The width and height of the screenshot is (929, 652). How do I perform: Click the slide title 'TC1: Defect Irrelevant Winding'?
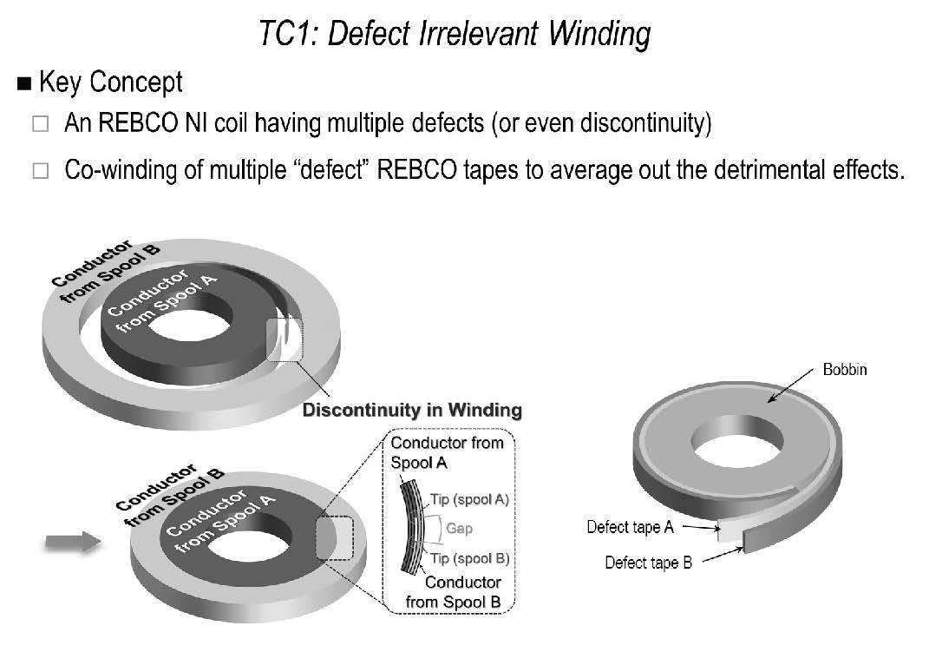[455, 33]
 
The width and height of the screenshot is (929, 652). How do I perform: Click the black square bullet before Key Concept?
[24, 83]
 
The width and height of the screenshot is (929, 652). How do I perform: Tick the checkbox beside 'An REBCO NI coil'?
[40, 124]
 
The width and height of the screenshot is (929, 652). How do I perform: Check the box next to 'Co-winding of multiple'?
[40, 171]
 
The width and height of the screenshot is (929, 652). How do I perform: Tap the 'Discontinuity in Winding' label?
[412, 410]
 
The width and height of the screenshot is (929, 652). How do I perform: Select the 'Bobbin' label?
[845, 369]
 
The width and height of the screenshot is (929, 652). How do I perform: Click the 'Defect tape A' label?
[631, 527]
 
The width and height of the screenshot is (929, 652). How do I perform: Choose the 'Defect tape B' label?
[648, 563]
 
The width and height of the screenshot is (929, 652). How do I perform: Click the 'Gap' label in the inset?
[459, 528]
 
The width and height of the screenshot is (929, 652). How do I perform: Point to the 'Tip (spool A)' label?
[470, 500]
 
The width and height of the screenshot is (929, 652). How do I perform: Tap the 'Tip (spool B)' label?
[470, 558]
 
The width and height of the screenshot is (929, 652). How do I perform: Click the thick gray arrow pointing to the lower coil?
[73, 542]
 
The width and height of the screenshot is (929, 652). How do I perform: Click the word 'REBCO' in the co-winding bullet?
[417, 170]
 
